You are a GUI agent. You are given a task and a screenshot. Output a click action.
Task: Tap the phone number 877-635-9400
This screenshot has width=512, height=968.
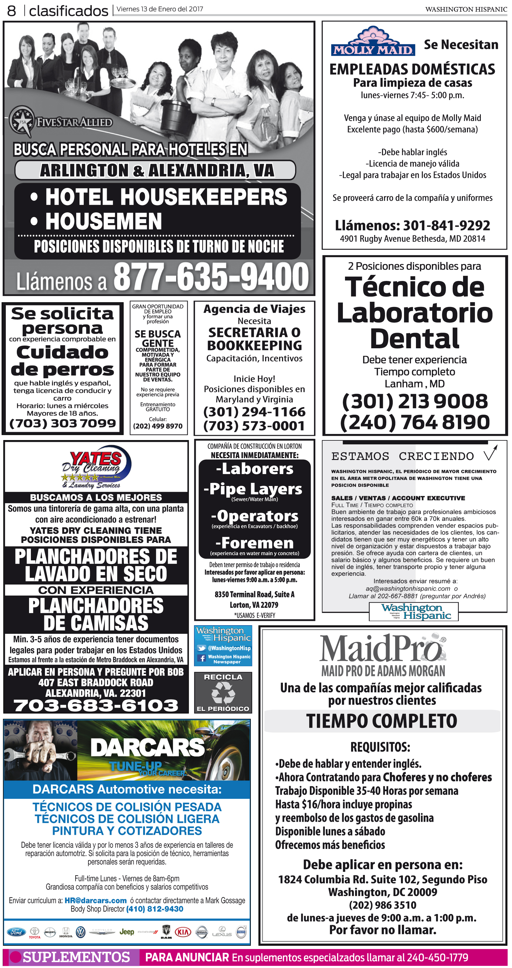[x=211, y=277]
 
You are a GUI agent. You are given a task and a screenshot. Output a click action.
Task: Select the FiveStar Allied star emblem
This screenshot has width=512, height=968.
[x=21, y=121]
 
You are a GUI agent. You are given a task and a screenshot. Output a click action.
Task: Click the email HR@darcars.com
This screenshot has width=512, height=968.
[x=95, y=901]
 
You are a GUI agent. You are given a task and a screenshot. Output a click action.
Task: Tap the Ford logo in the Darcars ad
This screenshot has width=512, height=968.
[x=17, y=932]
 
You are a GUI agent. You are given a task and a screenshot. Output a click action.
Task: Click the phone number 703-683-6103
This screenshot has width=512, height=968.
[x=96, y=705]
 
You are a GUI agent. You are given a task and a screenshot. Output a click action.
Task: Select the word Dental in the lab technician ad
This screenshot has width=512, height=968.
[x=414, y=338]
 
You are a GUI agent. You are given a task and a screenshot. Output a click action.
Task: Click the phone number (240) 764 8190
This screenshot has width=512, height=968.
[x=415, y=422]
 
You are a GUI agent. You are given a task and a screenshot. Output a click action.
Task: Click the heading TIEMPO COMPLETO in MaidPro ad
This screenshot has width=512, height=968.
[x=382, y=721]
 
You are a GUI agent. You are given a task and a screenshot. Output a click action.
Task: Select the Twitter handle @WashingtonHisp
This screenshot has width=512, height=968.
[x=229, y=648]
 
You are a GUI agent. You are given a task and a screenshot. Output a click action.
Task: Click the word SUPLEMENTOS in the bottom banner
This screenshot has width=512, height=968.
[x=76, y=957]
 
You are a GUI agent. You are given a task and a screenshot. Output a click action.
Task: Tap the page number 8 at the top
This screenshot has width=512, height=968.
[x=12, y=10]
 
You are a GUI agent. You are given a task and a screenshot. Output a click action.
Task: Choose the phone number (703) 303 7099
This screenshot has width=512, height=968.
[x=63, y=424]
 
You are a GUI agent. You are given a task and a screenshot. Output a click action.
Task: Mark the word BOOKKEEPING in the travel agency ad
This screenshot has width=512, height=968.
[x=254, y=345]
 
